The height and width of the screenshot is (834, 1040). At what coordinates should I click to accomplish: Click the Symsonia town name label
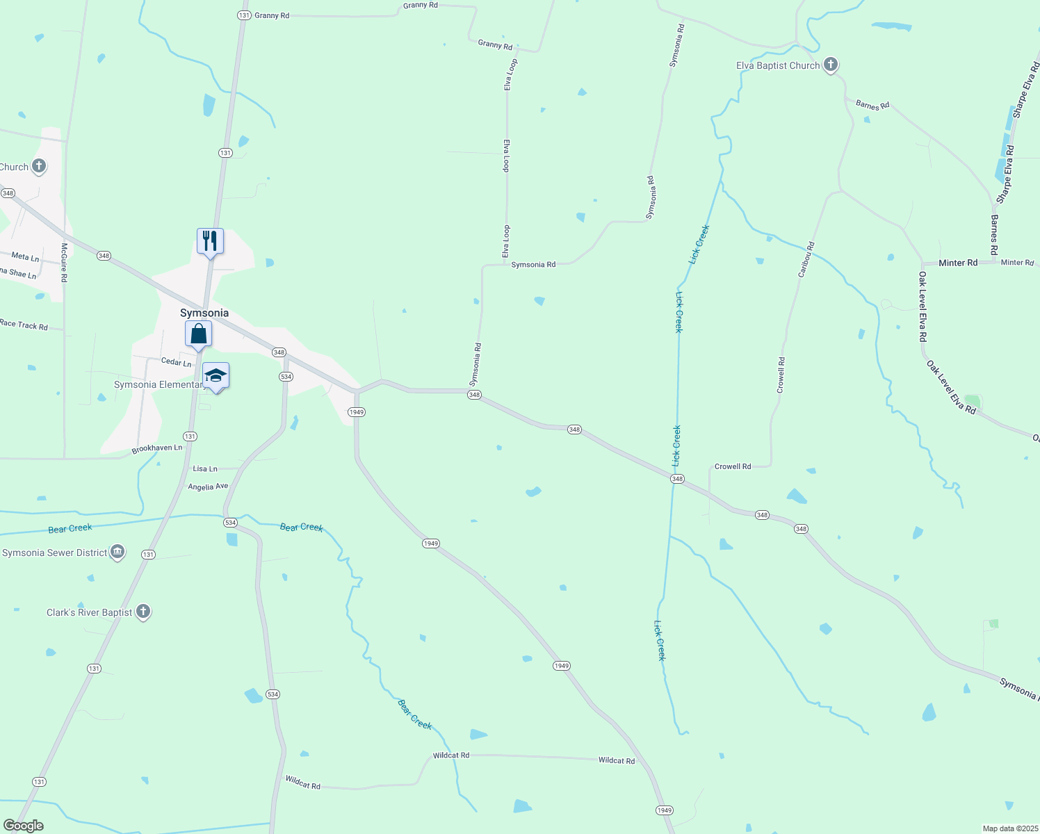[x=204, y=313]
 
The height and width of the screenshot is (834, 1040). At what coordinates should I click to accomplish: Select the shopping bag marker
[x=199, y=334]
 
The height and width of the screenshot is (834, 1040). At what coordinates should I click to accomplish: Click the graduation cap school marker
[x=216, y=377]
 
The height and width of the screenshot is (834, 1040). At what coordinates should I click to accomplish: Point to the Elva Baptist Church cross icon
[x=830, y=65]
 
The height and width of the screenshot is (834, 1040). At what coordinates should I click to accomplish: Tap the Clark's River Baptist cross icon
[x=143, y=612]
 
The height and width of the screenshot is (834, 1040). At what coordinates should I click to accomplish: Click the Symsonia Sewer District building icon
[x=117, y=553]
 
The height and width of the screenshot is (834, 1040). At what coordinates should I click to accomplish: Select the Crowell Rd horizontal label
[x=733, y=466]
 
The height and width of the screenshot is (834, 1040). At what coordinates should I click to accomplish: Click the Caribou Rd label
[x=806, y=260]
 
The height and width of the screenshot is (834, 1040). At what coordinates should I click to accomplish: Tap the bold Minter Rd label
[x=957, y=263]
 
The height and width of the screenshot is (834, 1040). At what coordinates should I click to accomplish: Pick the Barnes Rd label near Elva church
[x=872, y=105]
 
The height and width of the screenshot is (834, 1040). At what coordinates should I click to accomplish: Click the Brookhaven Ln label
[x=157, y=448]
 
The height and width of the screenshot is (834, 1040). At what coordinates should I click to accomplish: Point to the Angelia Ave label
[x=208, y=486]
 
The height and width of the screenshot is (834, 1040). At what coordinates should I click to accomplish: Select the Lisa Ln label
[x=205, y=469]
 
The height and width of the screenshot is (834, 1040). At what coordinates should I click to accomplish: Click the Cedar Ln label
[x=176, y=362]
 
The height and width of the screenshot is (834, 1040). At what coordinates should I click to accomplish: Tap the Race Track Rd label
[x=24, y=325]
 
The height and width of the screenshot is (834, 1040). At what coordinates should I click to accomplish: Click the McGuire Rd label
[x=64, y=262]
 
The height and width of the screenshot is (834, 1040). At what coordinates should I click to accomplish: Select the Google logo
[x=24, y=826]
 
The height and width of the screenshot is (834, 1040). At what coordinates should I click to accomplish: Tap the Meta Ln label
[x=25, y=257]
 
